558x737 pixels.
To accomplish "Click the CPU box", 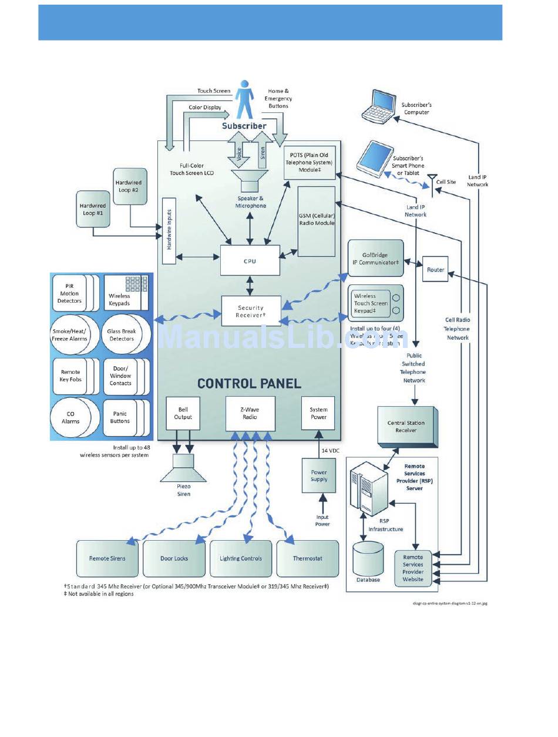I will click(x=250, y=261).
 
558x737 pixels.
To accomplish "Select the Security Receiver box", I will click(x=251, y=311).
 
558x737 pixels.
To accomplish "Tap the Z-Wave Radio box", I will click(x=250, y=413).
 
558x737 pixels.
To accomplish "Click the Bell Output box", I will click(x=183, y=413).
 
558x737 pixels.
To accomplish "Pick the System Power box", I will click(x=318, y=413).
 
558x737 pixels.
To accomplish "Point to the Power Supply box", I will click(x=319, y=475).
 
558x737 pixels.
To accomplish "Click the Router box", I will click(x=435, y=269).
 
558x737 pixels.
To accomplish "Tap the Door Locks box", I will click(x=174, y=558).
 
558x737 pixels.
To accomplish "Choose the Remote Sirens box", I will click(x=107, y=558).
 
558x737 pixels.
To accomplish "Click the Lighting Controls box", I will click(x=241, y=558).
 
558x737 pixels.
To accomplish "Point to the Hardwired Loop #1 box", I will click(x=93, y=209).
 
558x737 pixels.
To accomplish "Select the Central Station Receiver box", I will click(x=406, y=427).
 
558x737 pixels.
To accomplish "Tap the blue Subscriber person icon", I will click(x=244, y=101).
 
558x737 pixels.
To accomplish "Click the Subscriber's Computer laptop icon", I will click(x=378, y=108).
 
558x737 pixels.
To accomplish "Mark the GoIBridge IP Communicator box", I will click(x=376, y=259).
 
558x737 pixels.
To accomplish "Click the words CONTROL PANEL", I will click(x=249, y=384).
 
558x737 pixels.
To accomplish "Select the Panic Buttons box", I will click(x=121, y=418).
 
